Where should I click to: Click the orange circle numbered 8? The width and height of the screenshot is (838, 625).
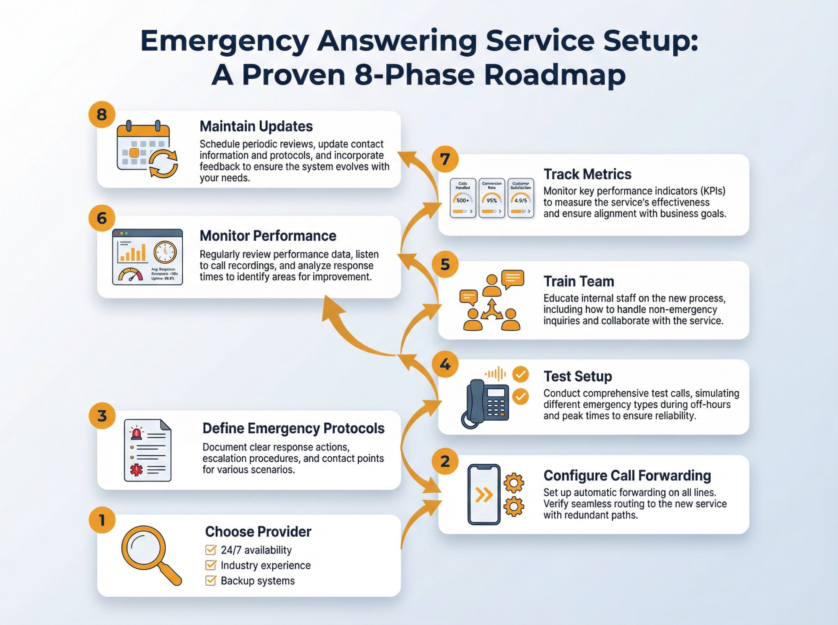(102, 115)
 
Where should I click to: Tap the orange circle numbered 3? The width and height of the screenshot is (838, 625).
(102, 416)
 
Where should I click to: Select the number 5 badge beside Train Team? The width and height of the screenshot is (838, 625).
(445, 265)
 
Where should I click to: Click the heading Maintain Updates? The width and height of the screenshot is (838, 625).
(256, 126)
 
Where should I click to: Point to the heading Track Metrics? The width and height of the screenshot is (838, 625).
(587, 174)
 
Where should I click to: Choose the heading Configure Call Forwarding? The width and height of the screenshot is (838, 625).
(627, 476)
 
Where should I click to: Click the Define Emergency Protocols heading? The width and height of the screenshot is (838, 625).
(293, 428)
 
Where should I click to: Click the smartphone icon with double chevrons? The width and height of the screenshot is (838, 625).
(484, 494)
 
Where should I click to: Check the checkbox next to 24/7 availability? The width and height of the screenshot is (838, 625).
(211, 550)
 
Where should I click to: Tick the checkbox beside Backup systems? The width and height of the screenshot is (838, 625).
(211, 581)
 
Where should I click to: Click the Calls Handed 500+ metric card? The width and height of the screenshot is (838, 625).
(463, 198)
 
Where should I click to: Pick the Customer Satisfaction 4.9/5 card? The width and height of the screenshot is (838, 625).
(520, 198)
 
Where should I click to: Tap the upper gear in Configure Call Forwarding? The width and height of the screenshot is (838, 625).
(514, 483)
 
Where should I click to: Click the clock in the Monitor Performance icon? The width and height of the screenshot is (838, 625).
(165, 252)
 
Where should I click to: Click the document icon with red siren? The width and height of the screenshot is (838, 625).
(147, 450)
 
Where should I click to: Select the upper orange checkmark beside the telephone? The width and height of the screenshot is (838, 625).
(521, 374)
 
